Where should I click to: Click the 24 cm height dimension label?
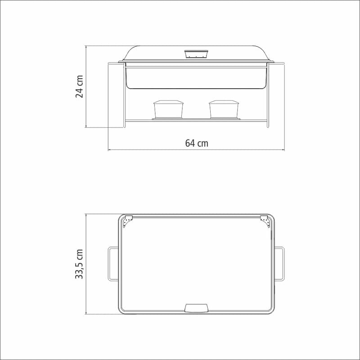79,86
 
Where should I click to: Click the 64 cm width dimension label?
197,143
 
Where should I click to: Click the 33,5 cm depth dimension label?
79,264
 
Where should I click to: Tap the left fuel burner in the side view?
168,109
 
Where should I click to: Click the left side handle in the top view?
113,264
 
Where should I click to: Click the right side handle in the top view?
279,264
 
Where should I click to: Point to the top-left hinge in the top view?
128,221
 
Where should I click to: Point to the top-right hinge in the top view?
265,221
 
